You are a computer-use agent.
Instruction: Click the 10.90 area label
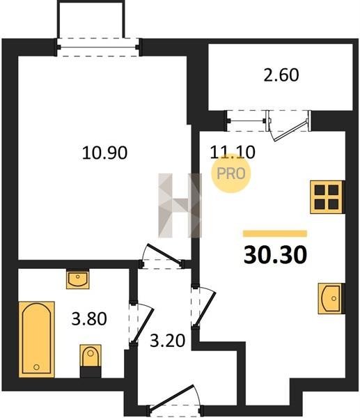[x=104, y=153]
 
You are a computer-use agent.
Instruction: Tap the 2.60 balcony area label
[x=281, y=75]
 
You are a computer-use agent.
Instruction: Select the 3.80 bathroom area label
[x=89, y=319]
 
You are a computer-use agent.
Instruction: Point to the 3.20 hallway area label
[x=167, y=341]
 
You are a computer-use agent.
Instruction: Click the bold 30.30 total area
[x=275, y=254]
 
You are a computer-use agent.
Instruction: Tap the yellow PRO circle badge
[x=230, y=173]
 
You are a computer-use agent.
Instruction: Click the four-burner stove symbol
[x=327, y=197]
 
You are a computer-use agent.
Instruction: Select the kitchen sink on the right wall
[x=331, y=298]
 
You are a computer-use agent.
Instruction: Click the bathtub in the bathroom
[x=36, y=339]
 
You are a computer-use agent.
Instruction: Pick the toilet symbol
[x=91, y=356]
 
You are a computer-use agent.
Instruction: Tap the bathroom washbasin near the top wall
[x=77, y=279]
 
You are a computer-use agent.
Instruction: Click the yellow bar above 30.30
[x=275, y=233]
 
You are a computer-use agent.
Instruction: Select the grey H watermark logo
[x=180, y=206]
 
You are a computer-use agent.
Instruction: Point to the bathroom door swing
[x=142, y=323]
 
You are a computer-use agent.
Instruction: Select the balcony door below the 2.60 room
[x=290, y=125]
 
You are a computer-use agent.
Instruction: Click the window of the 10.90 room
[x=97, y=47]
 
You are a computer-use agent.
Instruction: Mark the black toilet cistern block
[x=91, y=372]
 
